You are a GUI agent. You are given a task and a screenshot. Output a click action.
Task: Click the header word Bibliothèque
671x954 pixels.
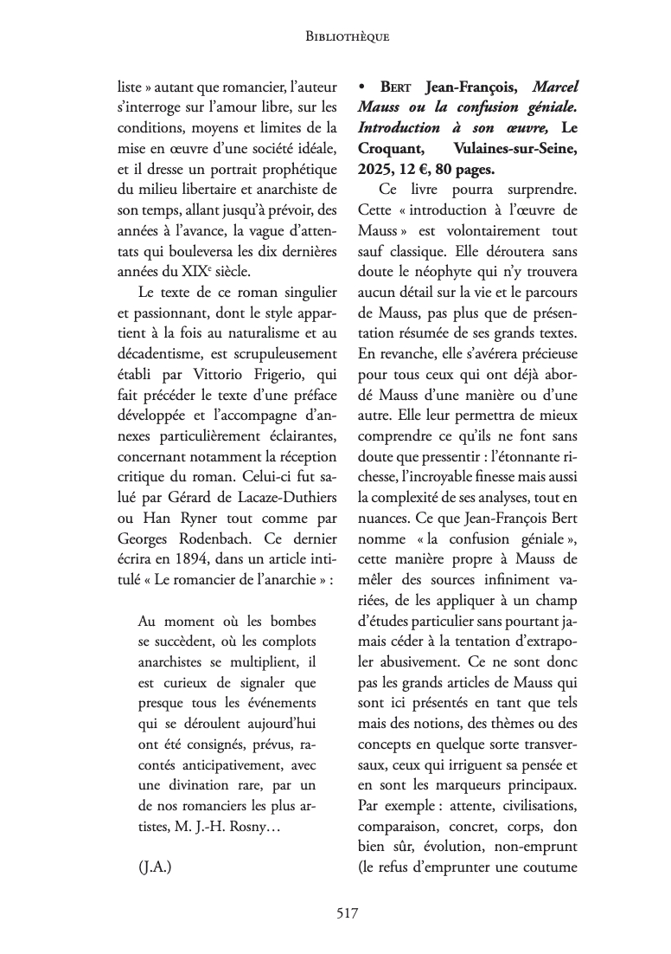[x=348, y=36]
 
